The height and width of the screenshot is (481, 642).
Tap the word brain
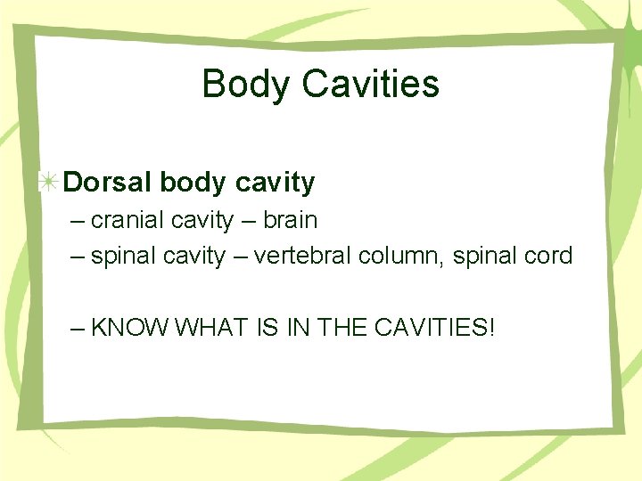(x=288, y=219)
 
